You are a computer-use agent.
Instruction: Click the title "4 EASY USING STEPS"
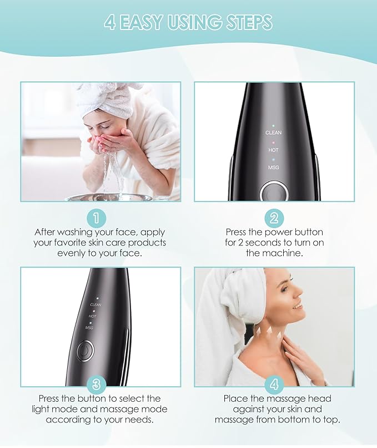point(188,23)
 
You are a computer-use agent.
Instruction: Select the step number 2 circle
point(274,217)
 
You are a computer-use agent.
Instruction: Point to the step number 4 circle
point(274,383)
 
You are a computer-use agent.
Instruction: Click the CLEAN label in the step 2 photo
point(274,132)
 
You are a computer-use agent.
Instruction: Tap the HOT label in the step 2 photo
point(274,150)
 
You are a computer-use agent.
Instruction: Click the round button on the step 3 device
point(85,352)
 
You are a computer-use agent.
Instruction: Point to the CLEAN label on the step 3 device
point(96,304)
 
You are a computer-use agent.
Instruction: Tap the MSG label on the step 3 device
point(89,328)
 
